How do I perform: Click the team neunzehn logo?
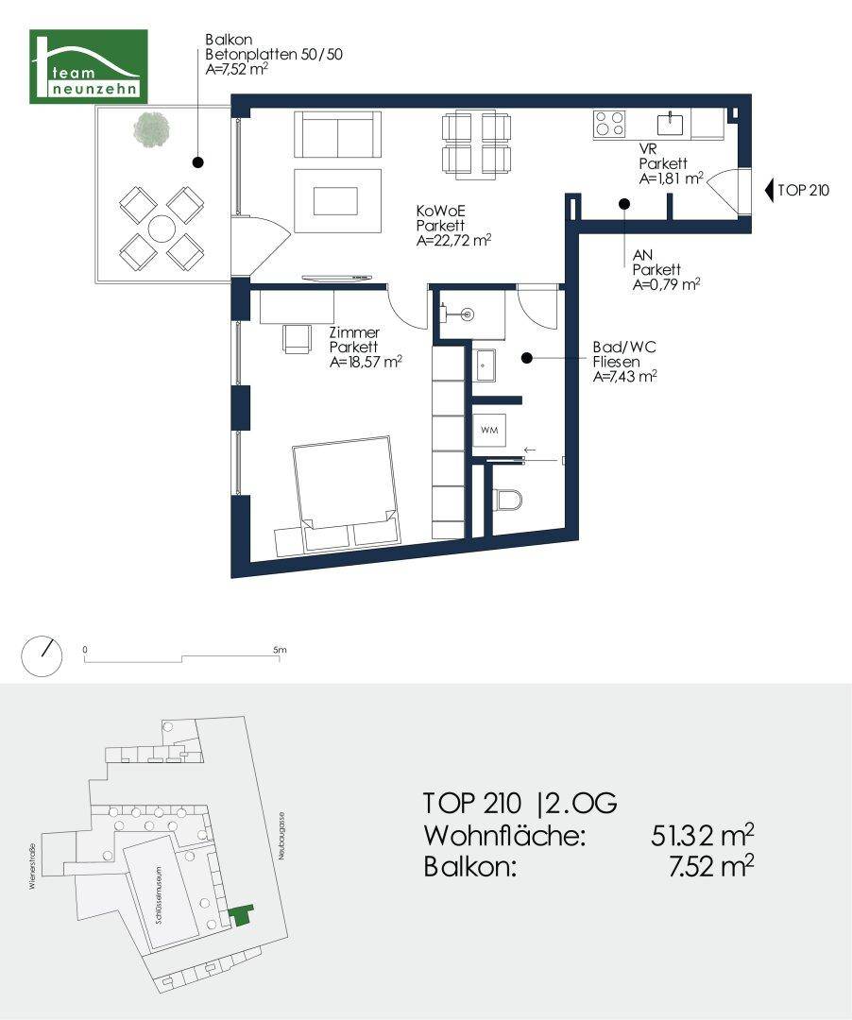point(90,66)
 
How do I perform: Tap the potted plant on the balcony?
point(151,129)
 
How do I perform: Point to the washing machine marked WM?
point(490,431)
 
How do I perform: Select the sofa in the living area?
point(337,133)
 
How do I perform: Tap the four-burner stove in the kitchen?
point(610,124)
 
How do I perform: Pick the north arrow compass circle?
point(42,655)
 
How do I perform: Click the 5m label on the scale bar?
point(279,650)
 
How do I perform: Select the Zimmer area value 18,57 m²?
point(366,361)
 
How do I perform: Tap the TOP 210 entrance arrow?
point(768,190)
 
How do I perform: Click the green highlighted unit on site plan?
point(242,913)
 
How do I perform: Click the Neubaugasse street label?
point(281,835)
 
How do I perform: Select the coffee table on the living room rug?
point(335,200)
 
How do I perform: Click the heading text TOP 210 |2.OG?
point(520,804)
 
